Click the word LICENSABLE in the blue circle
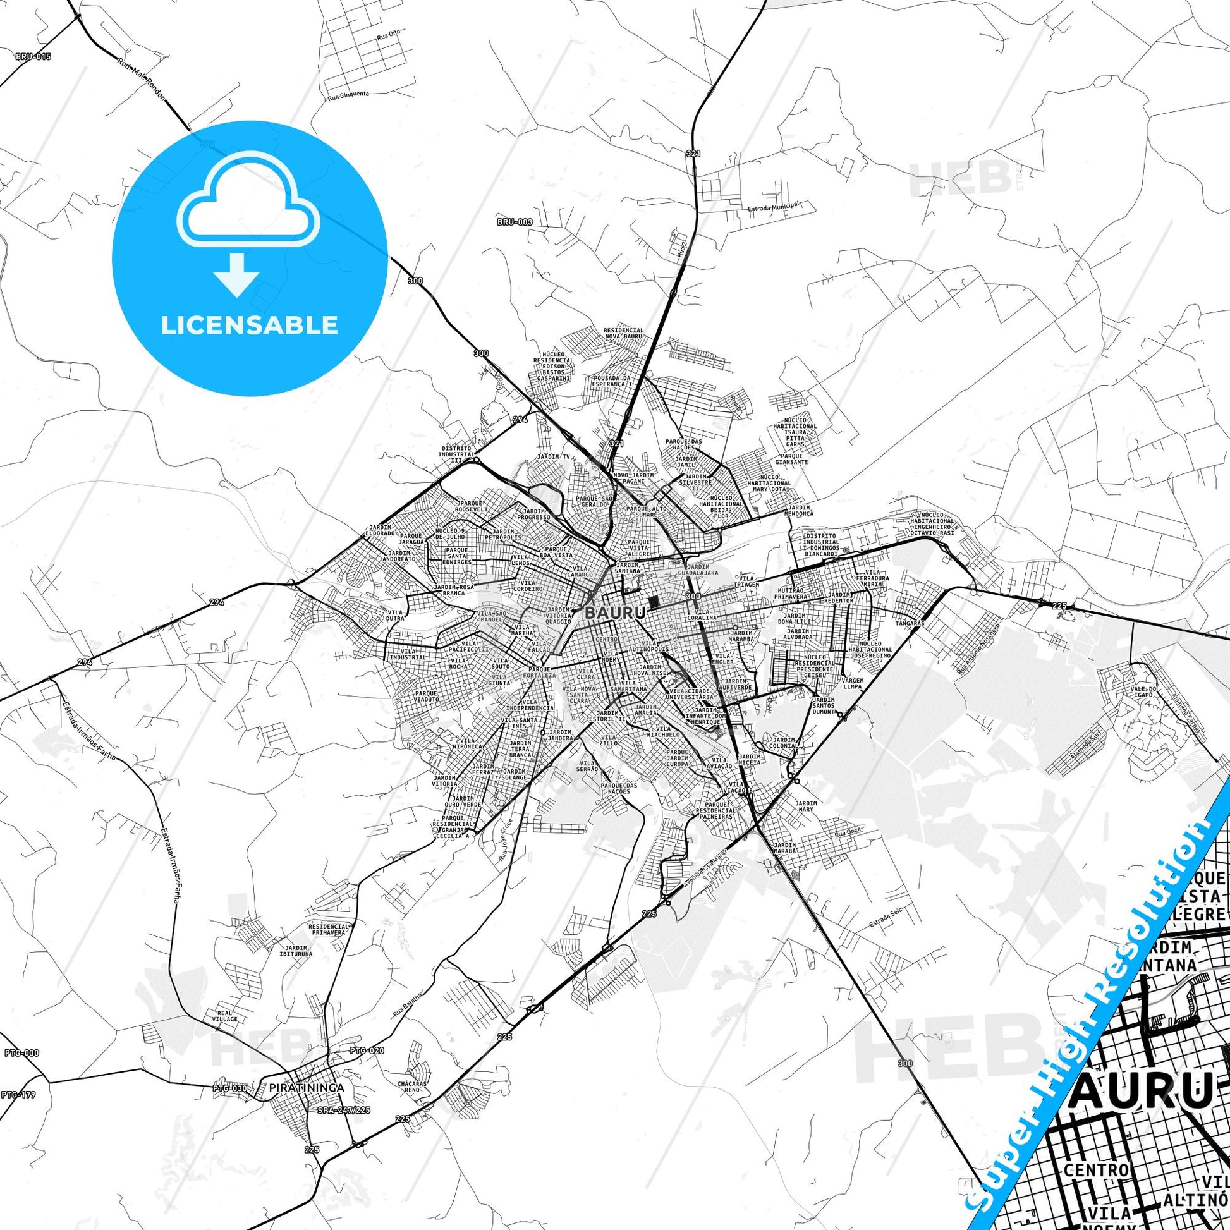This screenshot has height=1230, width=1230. (250, 325)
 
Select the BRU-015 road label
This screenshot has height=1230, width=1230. (33, 57)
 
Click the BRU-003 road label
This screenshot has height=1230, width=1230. (515, 222)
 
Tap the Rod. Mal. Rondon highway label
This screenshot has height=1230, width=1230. (142, 83)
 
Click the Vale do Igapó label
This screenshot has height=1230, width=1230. (1143, 692)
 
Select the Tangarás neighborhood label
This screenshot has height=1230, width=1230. (908, 623)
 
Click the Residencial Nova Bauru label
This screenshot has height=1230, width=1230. (623, 334)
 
